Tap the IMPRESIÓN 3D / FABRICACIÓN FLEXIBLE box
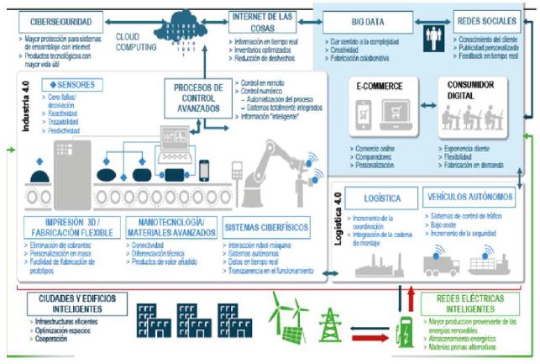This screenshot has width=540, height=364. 71,229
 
